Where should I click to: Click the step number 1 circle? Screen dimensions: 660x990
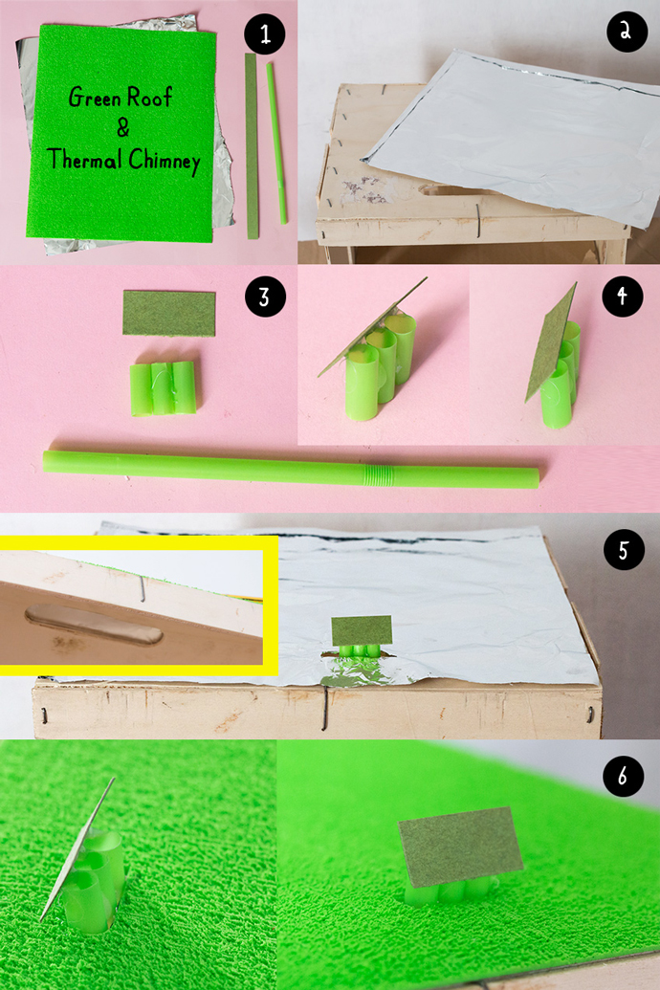pyautogui.click(x=265, y=34)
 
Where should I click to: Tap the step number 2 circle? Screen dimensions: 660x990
pyautogui.click(x=626, y=32)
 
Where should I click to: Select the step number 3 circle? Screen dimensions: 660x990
pyautogui.click(x=265, y=297)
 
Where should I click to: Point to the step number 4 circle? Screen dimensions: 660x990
pyautogui.click(x=622, y=297)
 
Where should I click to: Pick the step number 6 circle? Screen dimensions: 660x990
pyautogui.click(x=623, y=776)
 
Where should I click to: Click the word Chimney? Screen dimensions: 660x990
pyautogui.click(x=165, y=161)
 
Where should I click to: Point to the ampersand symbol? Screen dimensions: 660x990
pyautogui.click(x=122, y=128)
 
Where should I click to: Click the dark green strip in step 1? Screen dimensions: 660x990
pyautogui.click(x=252, y=145)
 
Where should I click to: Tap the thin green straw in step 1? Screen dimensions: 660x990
pyautogui.click(x=276, y=143)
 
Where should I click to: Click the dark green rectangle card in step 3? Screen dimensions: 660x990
pyautogui.click(x=168, y=313)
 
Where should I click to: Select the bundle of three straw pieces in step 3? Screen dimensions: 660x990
pyautogui.click(x=164, y=388)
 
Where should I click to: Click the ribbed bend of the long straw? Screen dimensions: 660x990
pyautogui.click(x=377, y=473)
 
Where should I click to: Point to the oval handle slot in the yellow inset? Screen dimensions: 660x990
pyautogui.click(x=94, y=625)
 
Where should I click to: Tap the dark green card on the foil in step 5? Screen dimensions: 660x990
pyautogui.click(x=362, y=630)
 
